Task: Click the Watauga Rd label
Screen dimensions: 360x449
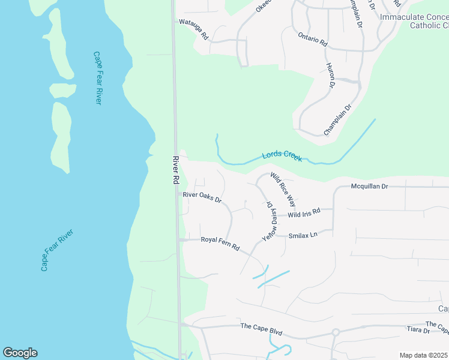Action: click(x=193, y=29)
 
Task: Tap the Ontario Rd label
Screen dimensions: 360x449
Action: click(x=313, y=39)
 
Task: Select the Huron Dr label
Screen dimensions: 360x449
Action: click(x=330, y=75)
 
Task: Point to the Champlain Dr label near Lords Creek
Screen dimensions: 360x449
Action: click(x=337, y=119)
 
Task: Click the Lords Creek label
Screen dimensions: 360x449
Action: click(x=282, y=156)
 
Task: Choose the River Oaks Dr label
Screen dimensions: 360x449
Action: click(x=202, y=195)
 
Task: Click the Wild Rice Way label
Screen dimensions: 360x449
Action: click(x=283, y=189)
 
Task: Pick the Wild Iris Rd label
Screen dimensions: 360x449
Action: click(x=304, y=213)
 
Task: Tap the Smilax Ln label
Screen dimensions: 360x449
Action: click(x=303, y=235)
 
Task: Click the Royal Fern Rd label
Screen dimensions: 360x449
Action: click(x=220, y=244)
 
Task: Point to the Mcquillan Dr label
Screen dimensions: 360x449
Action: click(x=370, y=187)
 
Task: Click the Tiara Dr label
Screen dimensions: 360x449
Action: click(x=418, y=331)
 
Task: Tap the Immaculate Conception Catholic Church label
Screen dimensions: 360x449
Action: click(x=414, y=21)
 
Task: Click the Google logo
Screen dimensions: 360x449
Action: click(x=20, y=353)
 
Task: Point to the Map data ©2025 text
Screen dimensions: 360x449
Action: click(x=423, y=355)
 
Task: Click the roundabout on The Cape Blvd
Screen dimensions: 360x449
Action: click(x=336, y=332)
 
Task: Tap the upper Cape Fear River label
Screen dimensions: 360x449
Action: click(x=97, y=77)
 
